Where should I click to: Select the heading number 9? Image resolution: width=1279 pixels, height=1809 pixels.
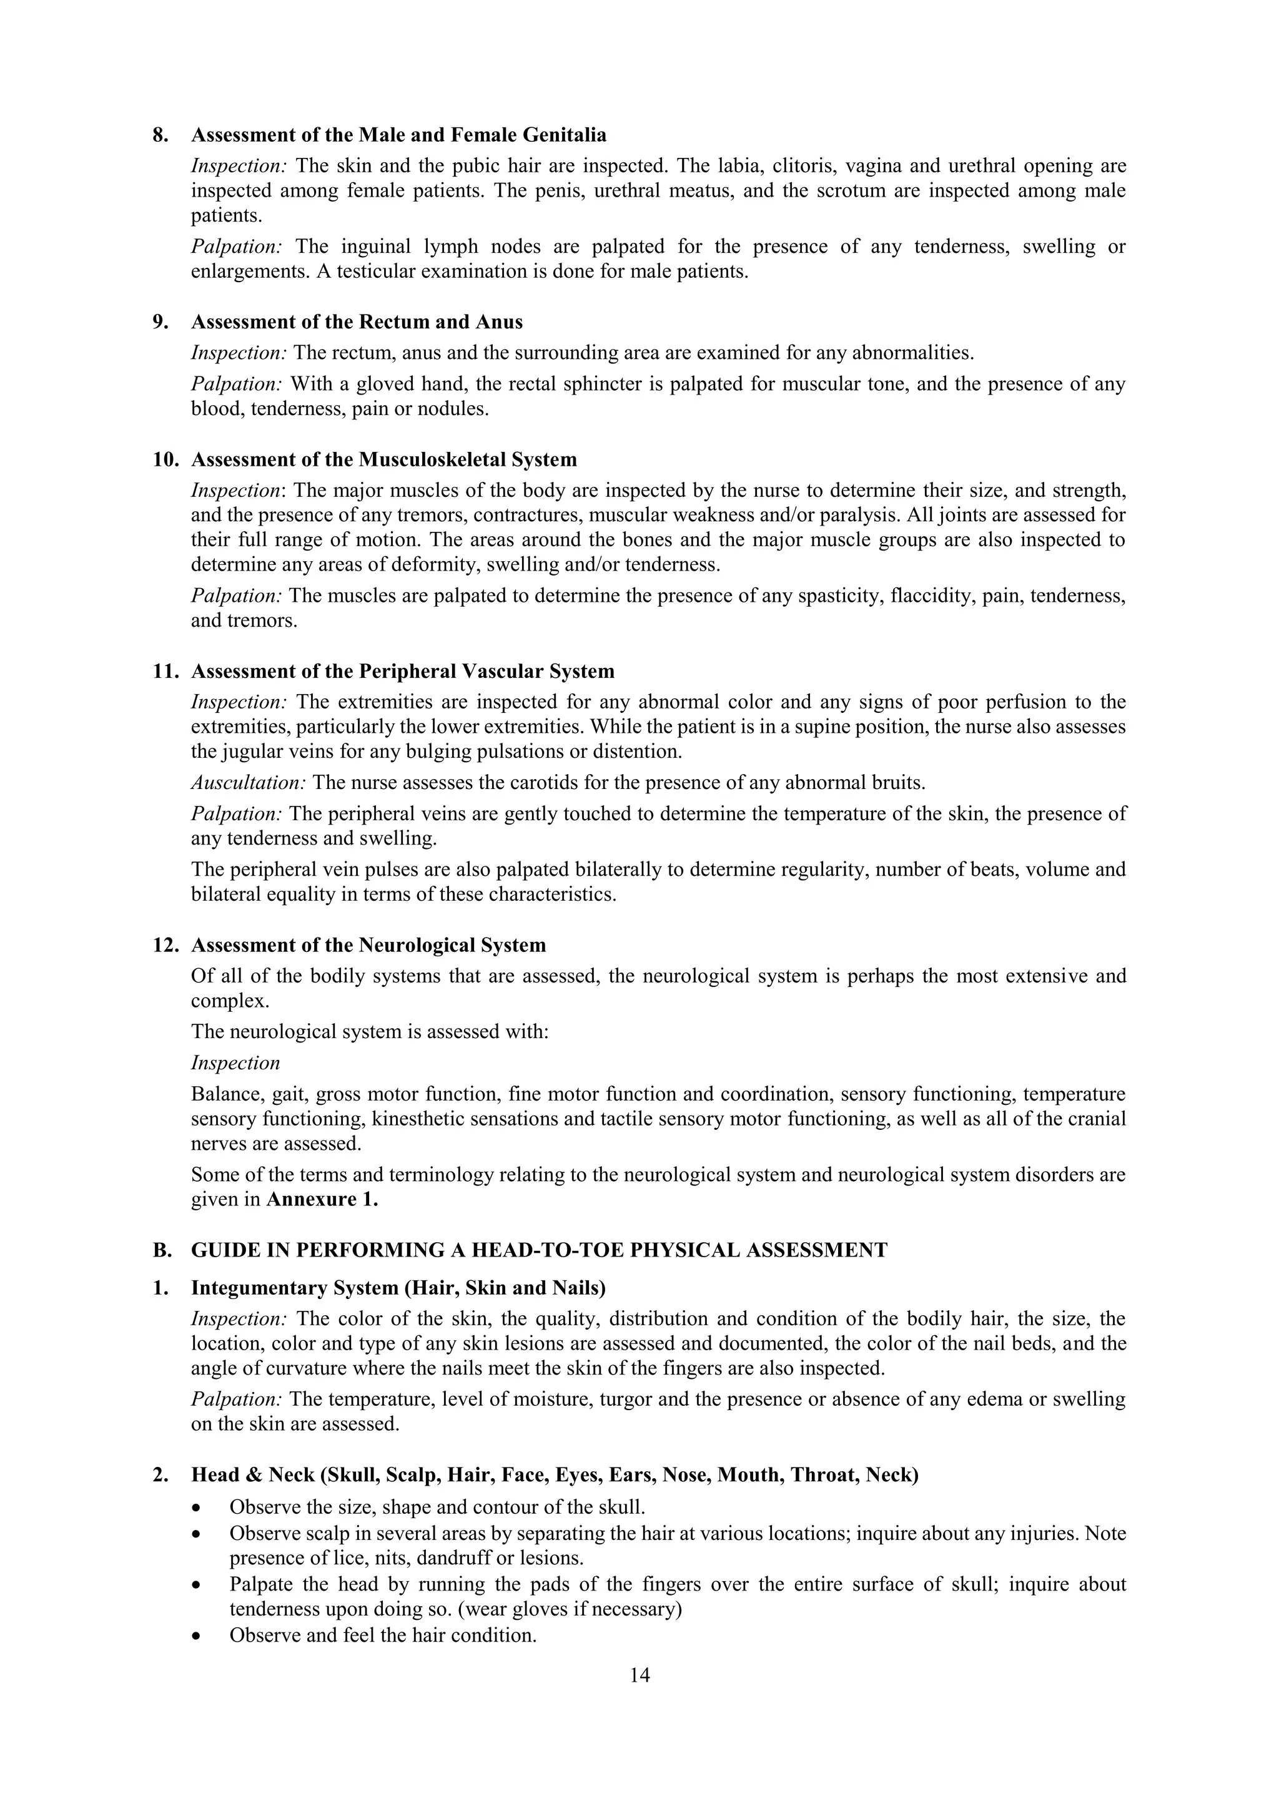pyautogui.click(x=160, y=322)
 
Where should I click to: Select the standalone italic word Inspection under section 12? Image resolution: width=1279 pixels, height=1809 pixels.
pyautogui.click(x=235, y=1063)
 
